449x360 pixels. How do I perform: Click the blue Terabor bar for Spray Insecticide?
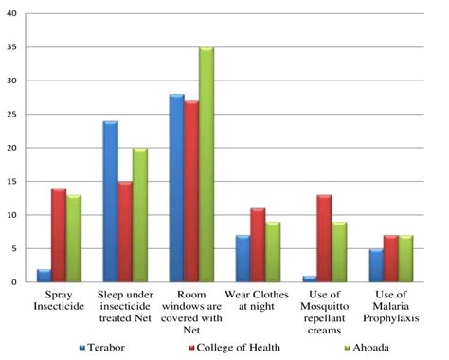pos(45,276)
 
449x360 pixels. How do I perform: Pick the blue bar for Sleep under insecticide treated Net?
pos(110,202)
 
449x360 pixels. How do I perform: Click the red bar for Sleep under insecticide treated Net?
pos(125,232)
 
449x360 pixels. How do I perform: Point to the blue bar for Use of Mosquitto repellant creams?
pos(310,279)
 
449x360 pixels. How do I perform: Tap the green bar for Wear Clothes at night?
pos(273,252)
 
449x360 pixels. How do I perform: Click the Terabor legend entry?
pos(106,349)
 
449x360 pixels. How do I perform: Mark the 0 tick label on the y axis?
pos(17,282)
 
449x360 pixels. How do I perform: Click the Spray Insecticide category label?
pos(59,302)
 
